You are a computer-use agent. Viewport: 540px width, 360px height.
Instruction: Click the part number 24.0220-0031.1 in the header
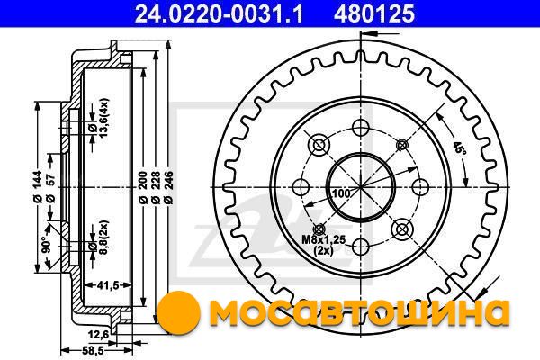tap(219, 13)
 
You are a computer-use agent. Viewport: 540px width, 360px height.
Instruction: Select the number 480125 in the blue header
tap(374, 13)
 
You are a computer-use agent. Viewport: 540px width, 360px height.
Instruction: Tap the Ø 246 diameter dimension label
tap(168, 188)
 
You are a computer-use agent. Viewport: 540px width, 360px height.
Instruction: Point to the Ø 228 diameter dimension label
tap(156, 188)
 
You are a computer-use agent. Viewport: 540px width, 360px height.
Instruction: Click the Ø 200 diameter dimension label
tap(143, 188)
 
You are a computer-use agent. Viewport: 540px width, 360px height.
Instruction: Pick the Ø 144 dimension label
tap(37, 186)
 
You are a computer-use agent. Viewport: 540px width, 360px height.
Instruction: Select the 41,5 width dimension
tap(107, 285)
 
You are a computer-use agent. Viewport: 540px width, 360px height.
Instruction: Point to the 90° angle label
tap(46, 244)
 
